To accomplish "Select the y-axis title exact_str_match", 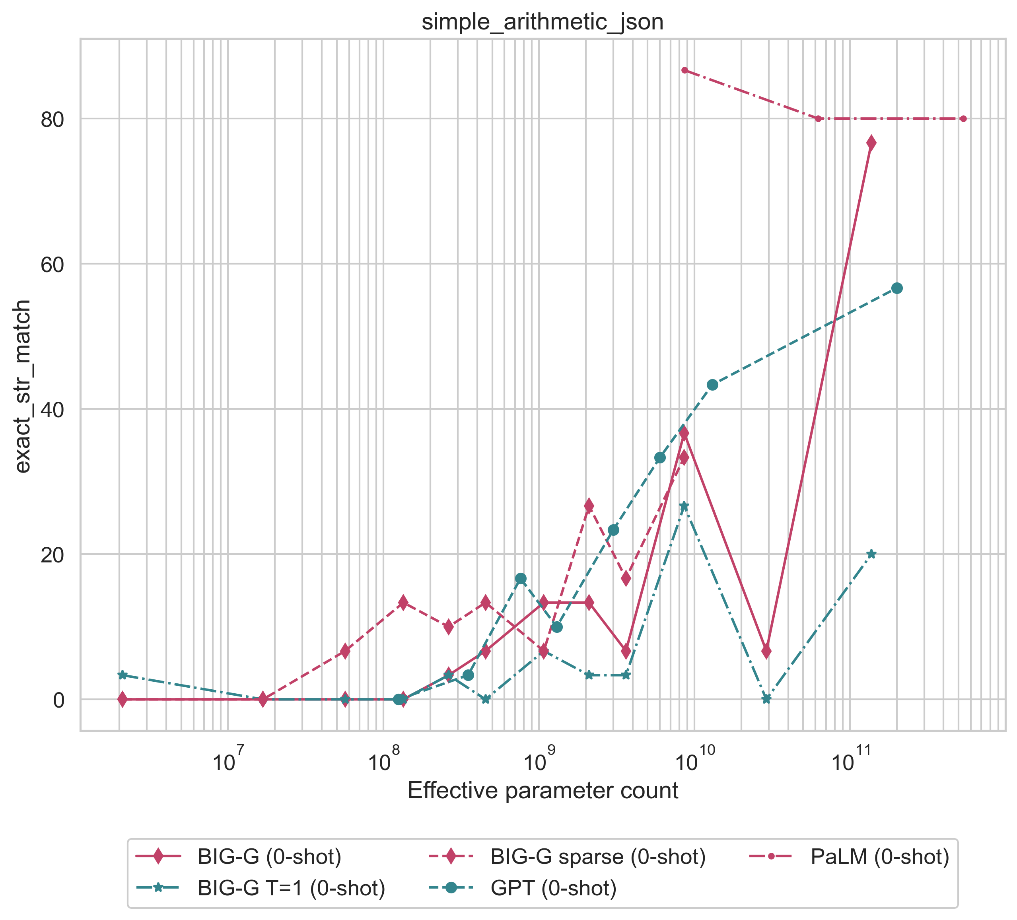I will pos(22,386).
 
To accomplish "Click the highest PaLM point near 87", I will pos(684,70).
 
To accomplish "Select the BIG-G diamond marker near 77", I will pos(871,143).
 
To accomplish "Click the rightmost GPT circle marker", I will pos(897,288).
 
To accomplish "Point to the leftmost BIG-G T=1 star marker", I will pos(122,675).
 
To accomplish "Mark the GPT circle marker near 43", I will pos(712,385).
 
